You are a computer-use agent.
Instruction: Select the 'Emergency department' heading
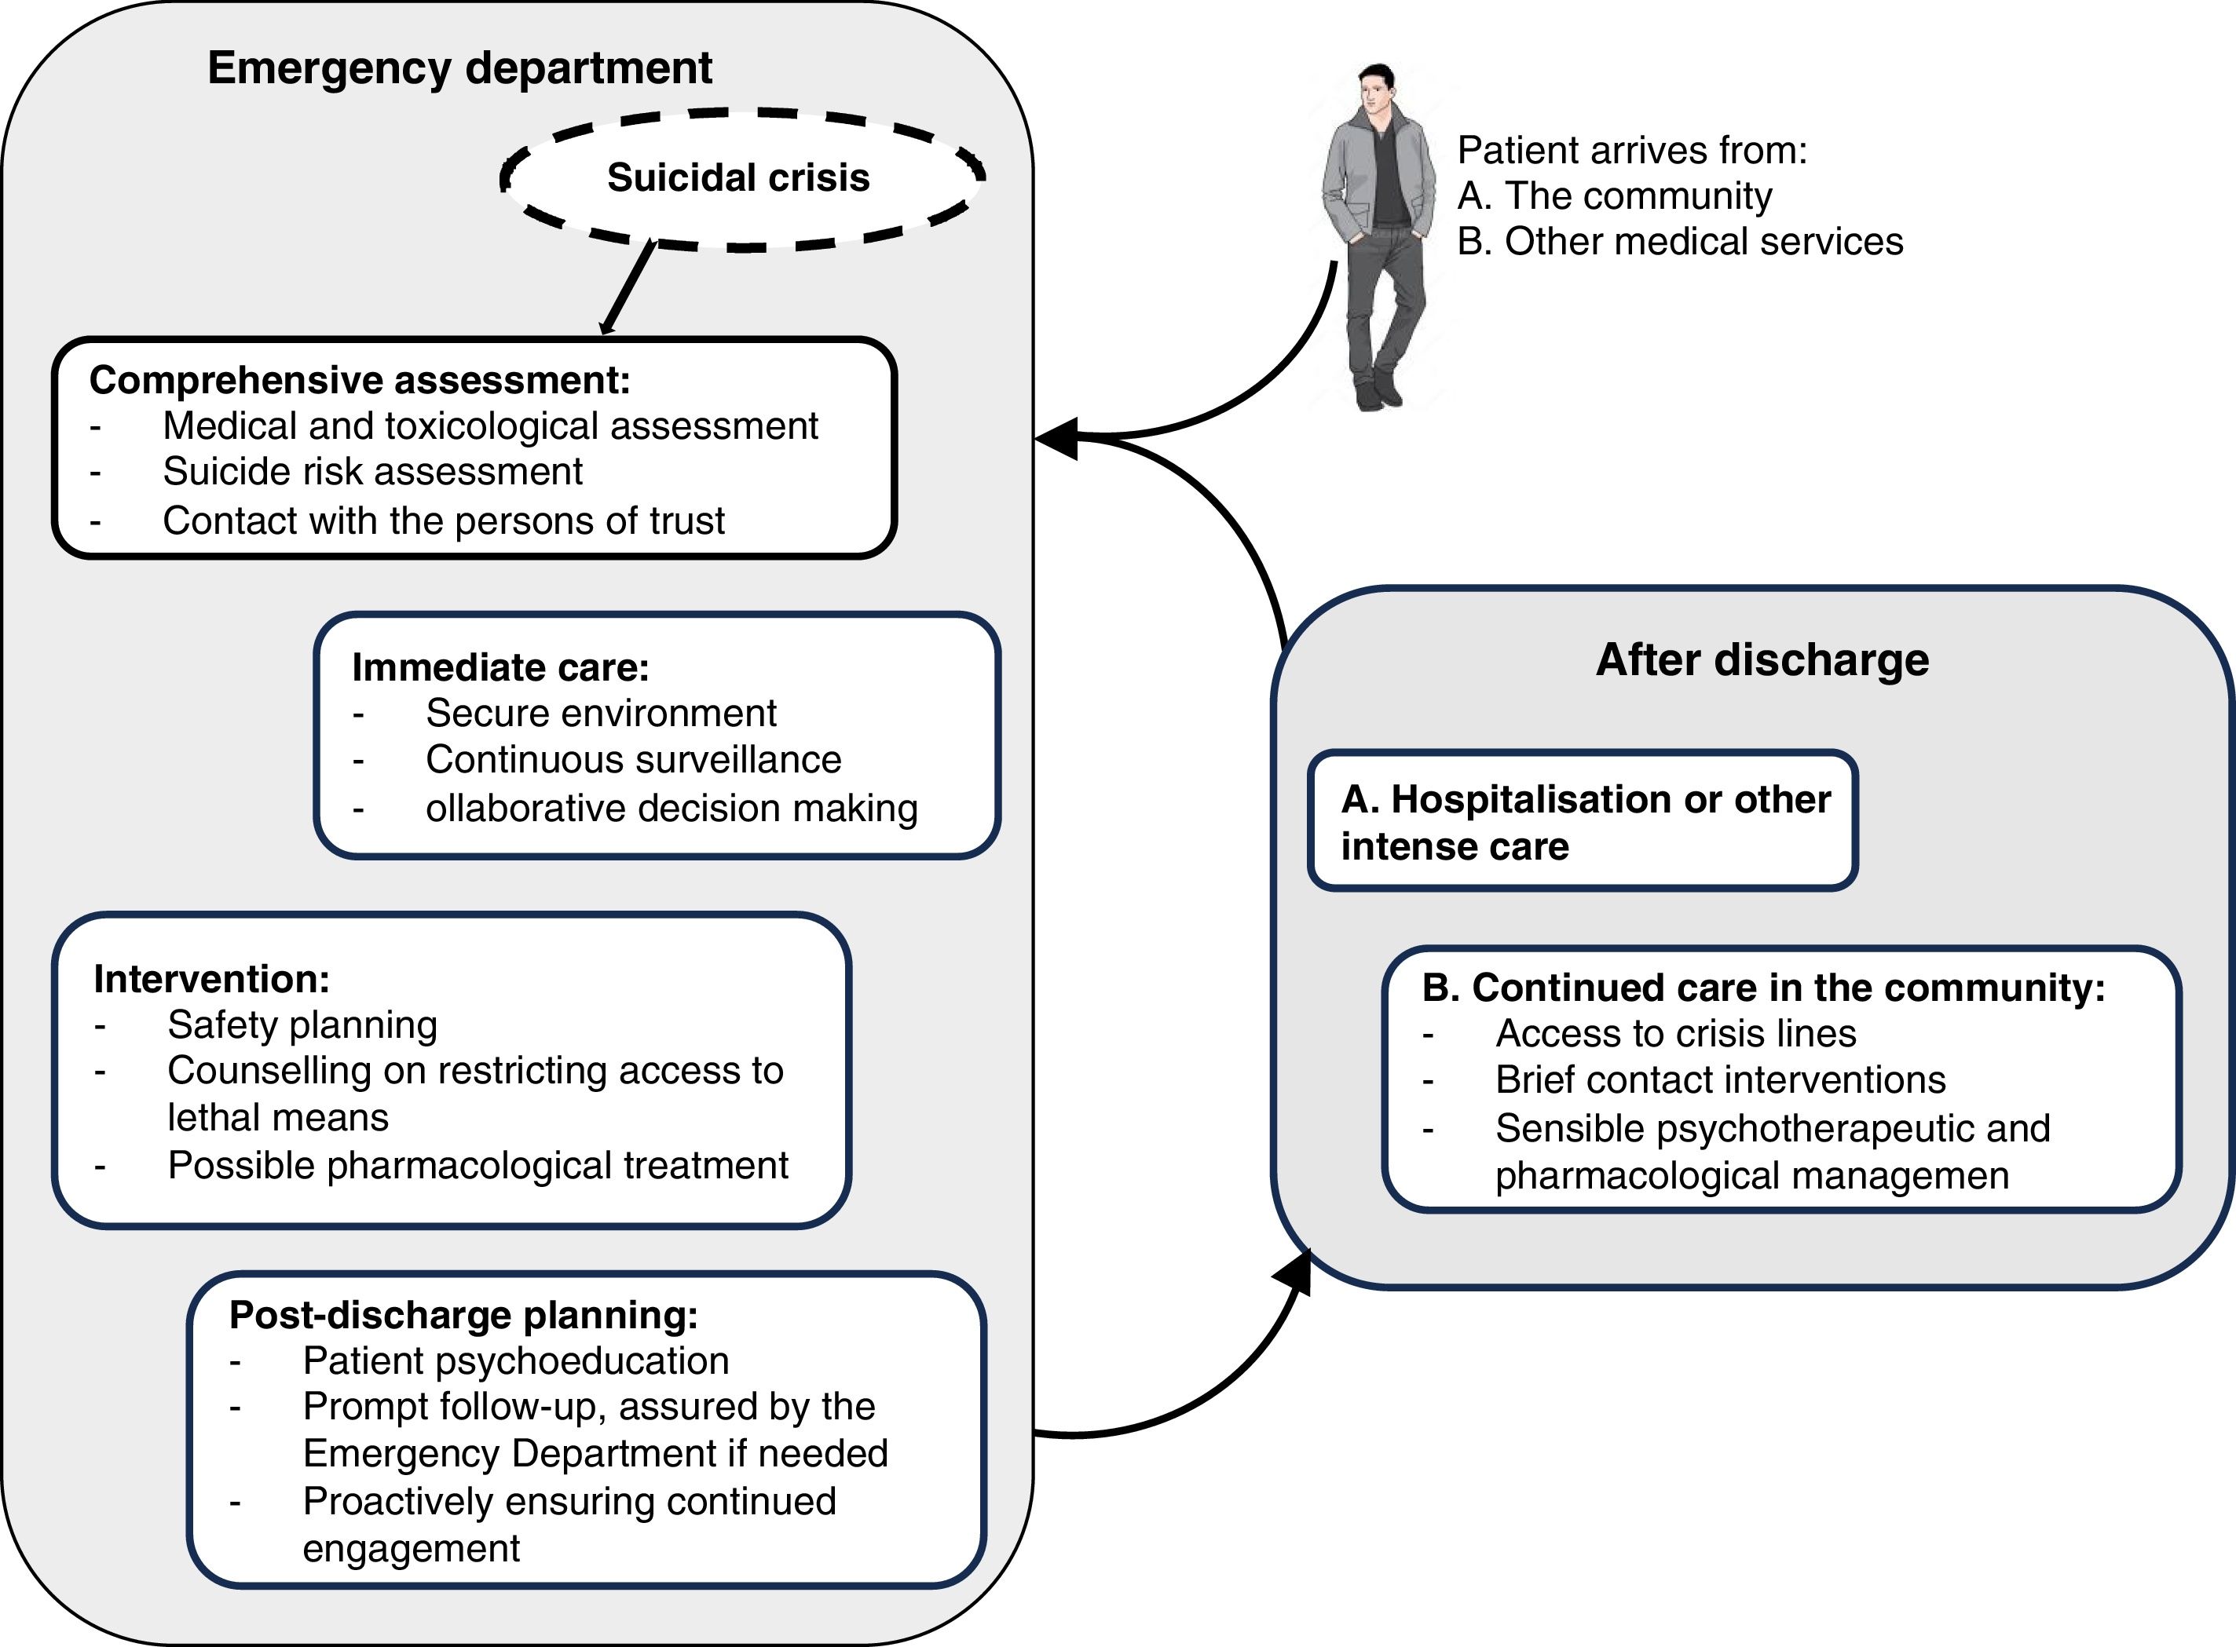459,68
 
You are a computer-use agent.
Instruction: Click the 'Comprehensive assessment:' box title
360,380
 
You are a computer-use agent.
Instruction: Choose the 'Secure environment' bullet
600,713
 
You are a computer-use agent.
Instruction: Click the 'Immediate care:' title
500,667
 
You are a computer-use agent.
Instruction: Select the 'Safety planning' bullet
302,1025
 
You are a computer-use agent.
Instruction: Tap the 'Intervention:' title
211,979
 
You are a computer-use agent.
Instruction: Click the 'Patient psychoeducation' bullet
516,1361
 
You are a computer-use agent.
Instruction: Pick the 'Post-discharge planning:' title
463,1315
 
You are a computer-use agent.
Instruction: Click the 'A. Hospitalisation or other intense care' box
1583,820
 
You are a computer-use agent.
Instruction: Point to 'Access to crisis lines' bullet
1675,1034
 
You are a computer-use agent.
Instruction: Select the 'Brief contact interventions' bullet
1720,1079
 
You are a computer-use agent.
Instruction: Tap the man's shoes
1378,390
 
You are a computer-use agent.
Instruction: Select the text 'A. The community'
1615,195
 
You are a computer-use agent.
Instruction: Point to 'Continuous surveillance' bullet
633,760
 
